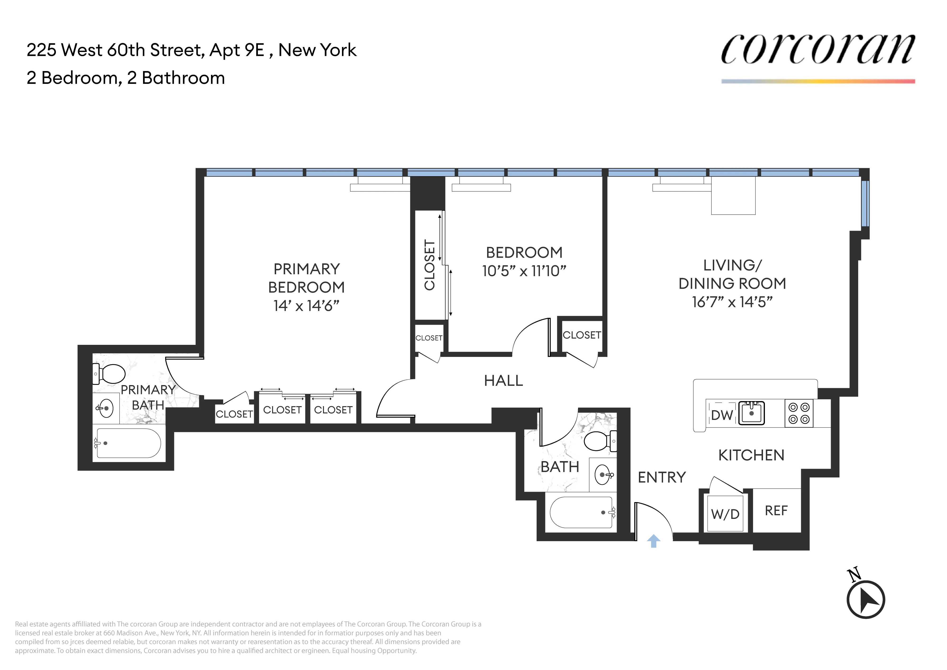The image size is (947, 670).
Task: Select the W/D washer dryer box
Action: [x=725, y=514]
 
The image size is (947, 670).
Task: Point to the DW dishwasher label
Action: [x=722, y=415]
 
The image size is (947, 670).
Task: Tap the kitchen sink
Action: [x=751, y=413]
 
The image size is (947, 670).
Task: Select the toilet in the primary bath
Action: [x=109, y=374]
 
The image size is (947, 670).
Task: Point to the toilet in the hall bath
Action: [x=600, y=441]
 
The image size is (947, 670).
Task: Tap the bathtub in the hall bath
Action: [x=581, y=513]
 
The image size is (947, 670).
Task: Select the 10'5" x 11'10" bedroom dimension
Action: [x=524, y=271]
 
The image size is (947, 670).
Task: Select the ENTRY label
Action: [x=662, y=477]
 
